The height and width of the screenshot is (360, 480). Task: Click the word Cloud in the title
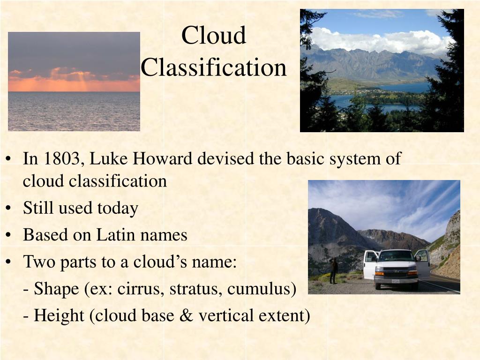tap(214, 35)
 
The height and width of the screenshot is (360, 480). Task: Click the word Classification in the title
tap(214, 67)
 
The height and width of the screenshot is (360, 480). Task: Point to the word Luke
tap(108, 159)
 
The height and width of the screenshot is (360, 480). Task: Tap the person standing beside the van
tap(334, 271)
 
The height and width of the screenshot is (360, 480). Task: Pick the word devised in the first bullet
tap(226, 159)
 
